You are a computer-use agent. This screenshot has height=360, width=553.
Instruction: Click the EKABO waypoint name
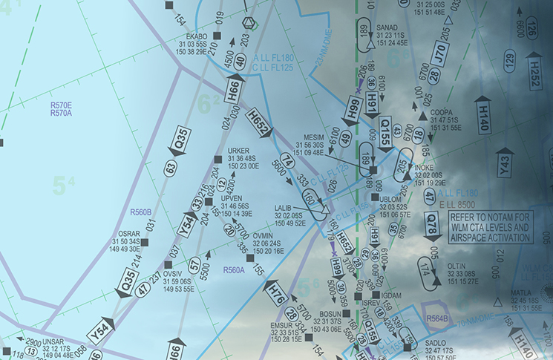pyautogui.click(x=197, y=36)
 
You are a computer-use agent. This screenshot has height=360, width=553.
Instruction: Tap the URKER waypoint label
pyautogui.click(x=239, y=151)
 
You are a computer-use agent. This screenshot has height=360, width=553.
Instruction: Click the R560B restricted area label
pyautogui.click(x=140, y=212)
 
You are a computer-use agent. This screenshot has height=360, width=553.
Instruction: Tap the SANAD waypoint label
pyautogui.click(x=387, y=27)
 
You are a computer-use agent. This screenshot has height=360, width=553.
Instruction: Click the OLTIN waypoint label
pyautogui.click(x=456, y=266)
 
